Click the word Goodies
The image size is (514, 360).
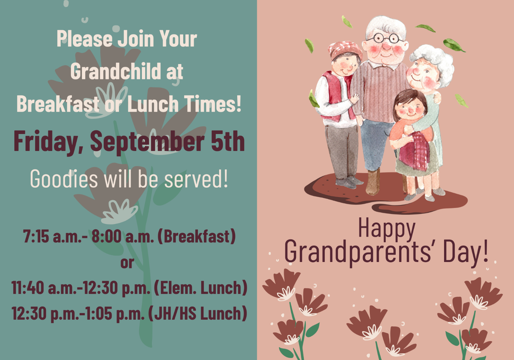click(64, 179)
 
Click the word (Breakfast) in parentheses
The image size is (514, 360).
click(197, 236)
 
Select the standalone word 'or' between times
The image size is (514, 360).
click(127, 263)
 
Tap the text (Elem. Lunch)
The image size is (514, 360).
click(201, 288)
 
